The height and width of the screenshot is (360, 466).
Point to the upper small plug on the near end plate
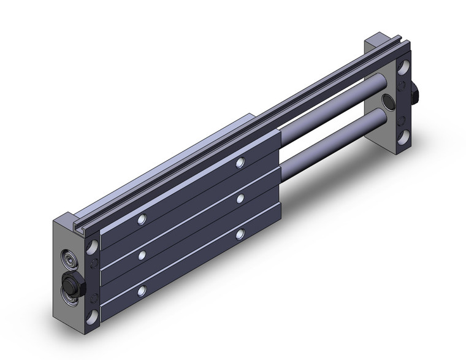point(93,264)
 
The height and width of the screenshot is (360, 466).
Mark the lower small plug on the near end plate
point(93,299)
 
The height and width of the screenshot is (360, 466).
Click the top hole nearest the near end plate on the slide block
point(142,219)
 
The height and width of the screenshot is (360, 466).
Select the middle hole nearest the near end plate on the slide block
point(142,254)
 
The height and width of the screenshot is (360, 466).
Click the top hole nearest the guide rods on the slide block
point(240,163)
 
